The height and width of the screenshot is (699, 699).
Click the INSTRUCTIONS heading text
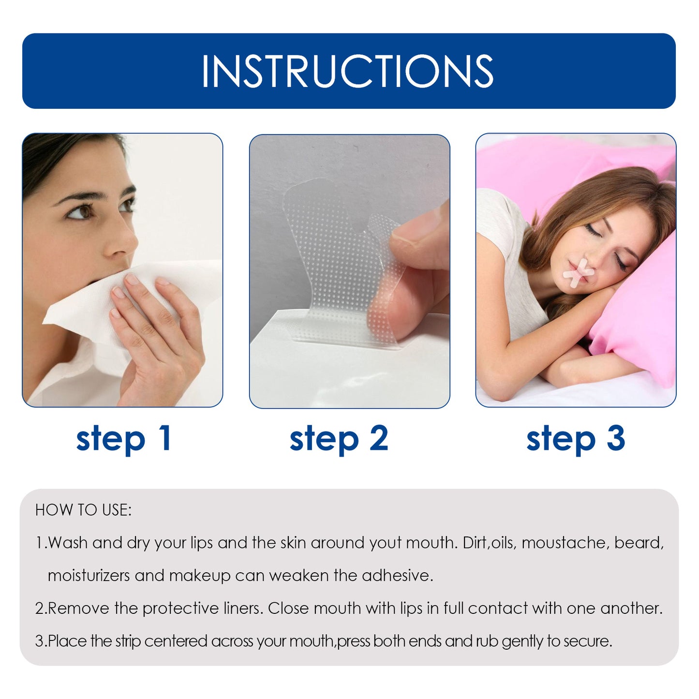click(x=347, y=71)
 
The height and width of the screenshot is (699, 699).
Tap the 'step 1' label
click(x=124, y=438)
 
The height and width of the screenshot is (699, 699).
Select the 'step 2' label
click(x=339, y=438)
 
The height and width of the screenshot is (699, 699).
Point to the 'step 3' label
click(x=576, y=438)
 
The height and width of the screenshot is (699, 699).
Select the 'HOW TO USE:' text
click(x=83, y=510)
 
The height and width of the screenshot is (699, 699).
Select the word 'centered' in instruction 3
click(x=176, y=641)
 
